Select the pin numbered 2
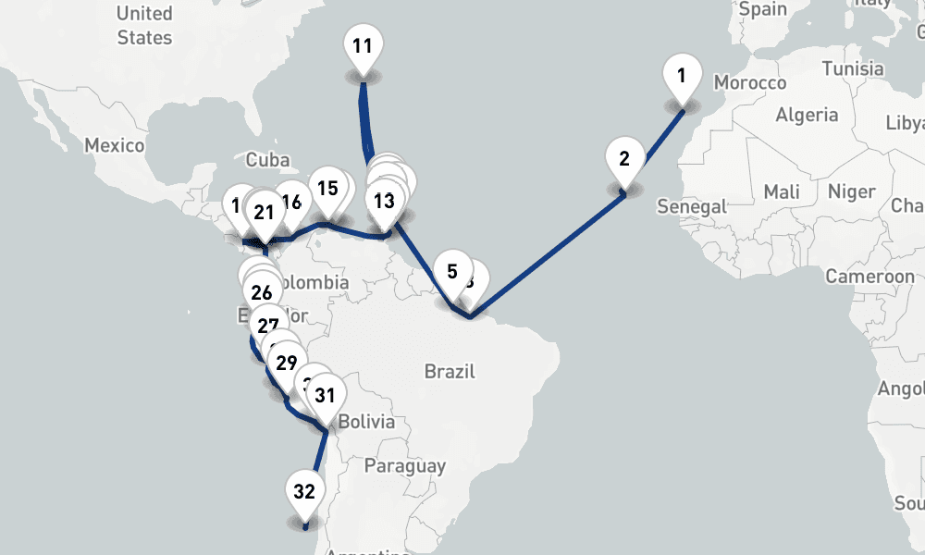(x=624, y=158)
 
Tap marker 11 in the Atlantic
(x=363, y=45)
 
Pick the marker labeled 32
(x=304, y=491)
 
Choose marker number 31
(x=325, y=396)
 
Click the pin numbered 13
(x=384, y=200)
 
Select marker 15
(x=327, y=189)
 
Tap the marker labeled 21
(x=265, y=213)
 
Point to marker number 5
(x=452, y=272)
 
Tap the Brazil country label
(x=450, y=372)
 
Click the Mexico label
(x=115, y=145)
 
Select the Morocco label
(x=750, y=83)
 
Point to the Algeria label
(x=807, y=115)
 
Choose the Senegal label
(x=692, y=206)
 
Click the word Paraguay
(x=405, y=466)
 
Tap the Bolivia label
(x=366, y=422)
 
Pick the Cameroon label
(x=869, y=276)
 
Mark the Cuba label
(x=268, y=160)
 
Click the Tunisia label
(x=853, y=68)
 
